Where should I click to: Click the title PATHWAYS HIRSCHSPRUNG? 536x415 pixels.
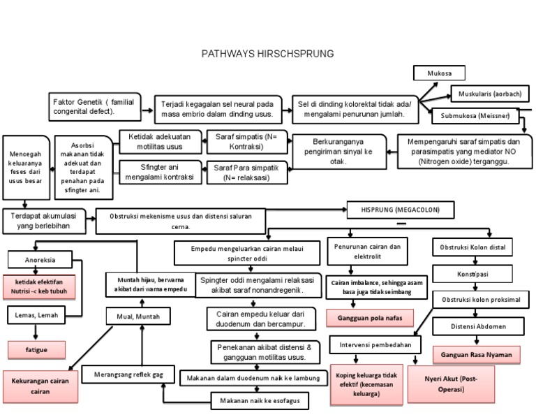pyautogui.click(x=267, y=53)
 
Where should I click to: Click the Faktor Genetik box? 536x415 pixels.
pyautogui.click(x=94, y=107)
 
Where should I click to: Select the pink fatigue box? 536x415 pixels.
pyautogui.click(x=36, y=349)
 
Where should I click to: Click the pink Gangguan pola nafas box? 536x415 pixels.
pyautogui.click(x=369, y=318)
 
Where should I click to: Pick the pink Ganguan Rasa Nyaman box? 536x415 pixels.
pyautogui.click(x=476, y=355)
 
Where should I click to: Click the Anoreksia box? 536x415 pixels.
pyautogui.click(x=40, y=261)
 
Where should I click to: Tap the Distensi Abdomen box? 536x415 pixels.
pyautogui.click(x=478, y=326)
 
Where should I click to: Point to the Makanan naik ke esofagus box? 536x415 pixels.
pyautogui.click(x=259, y=401)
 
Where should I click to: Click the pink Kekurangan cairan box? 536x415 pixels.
pyautogui.click(x=40, y=386)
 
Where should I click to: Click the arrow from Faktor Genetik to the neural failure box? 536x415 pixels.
pyautogui.click(x=148, y=110)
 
